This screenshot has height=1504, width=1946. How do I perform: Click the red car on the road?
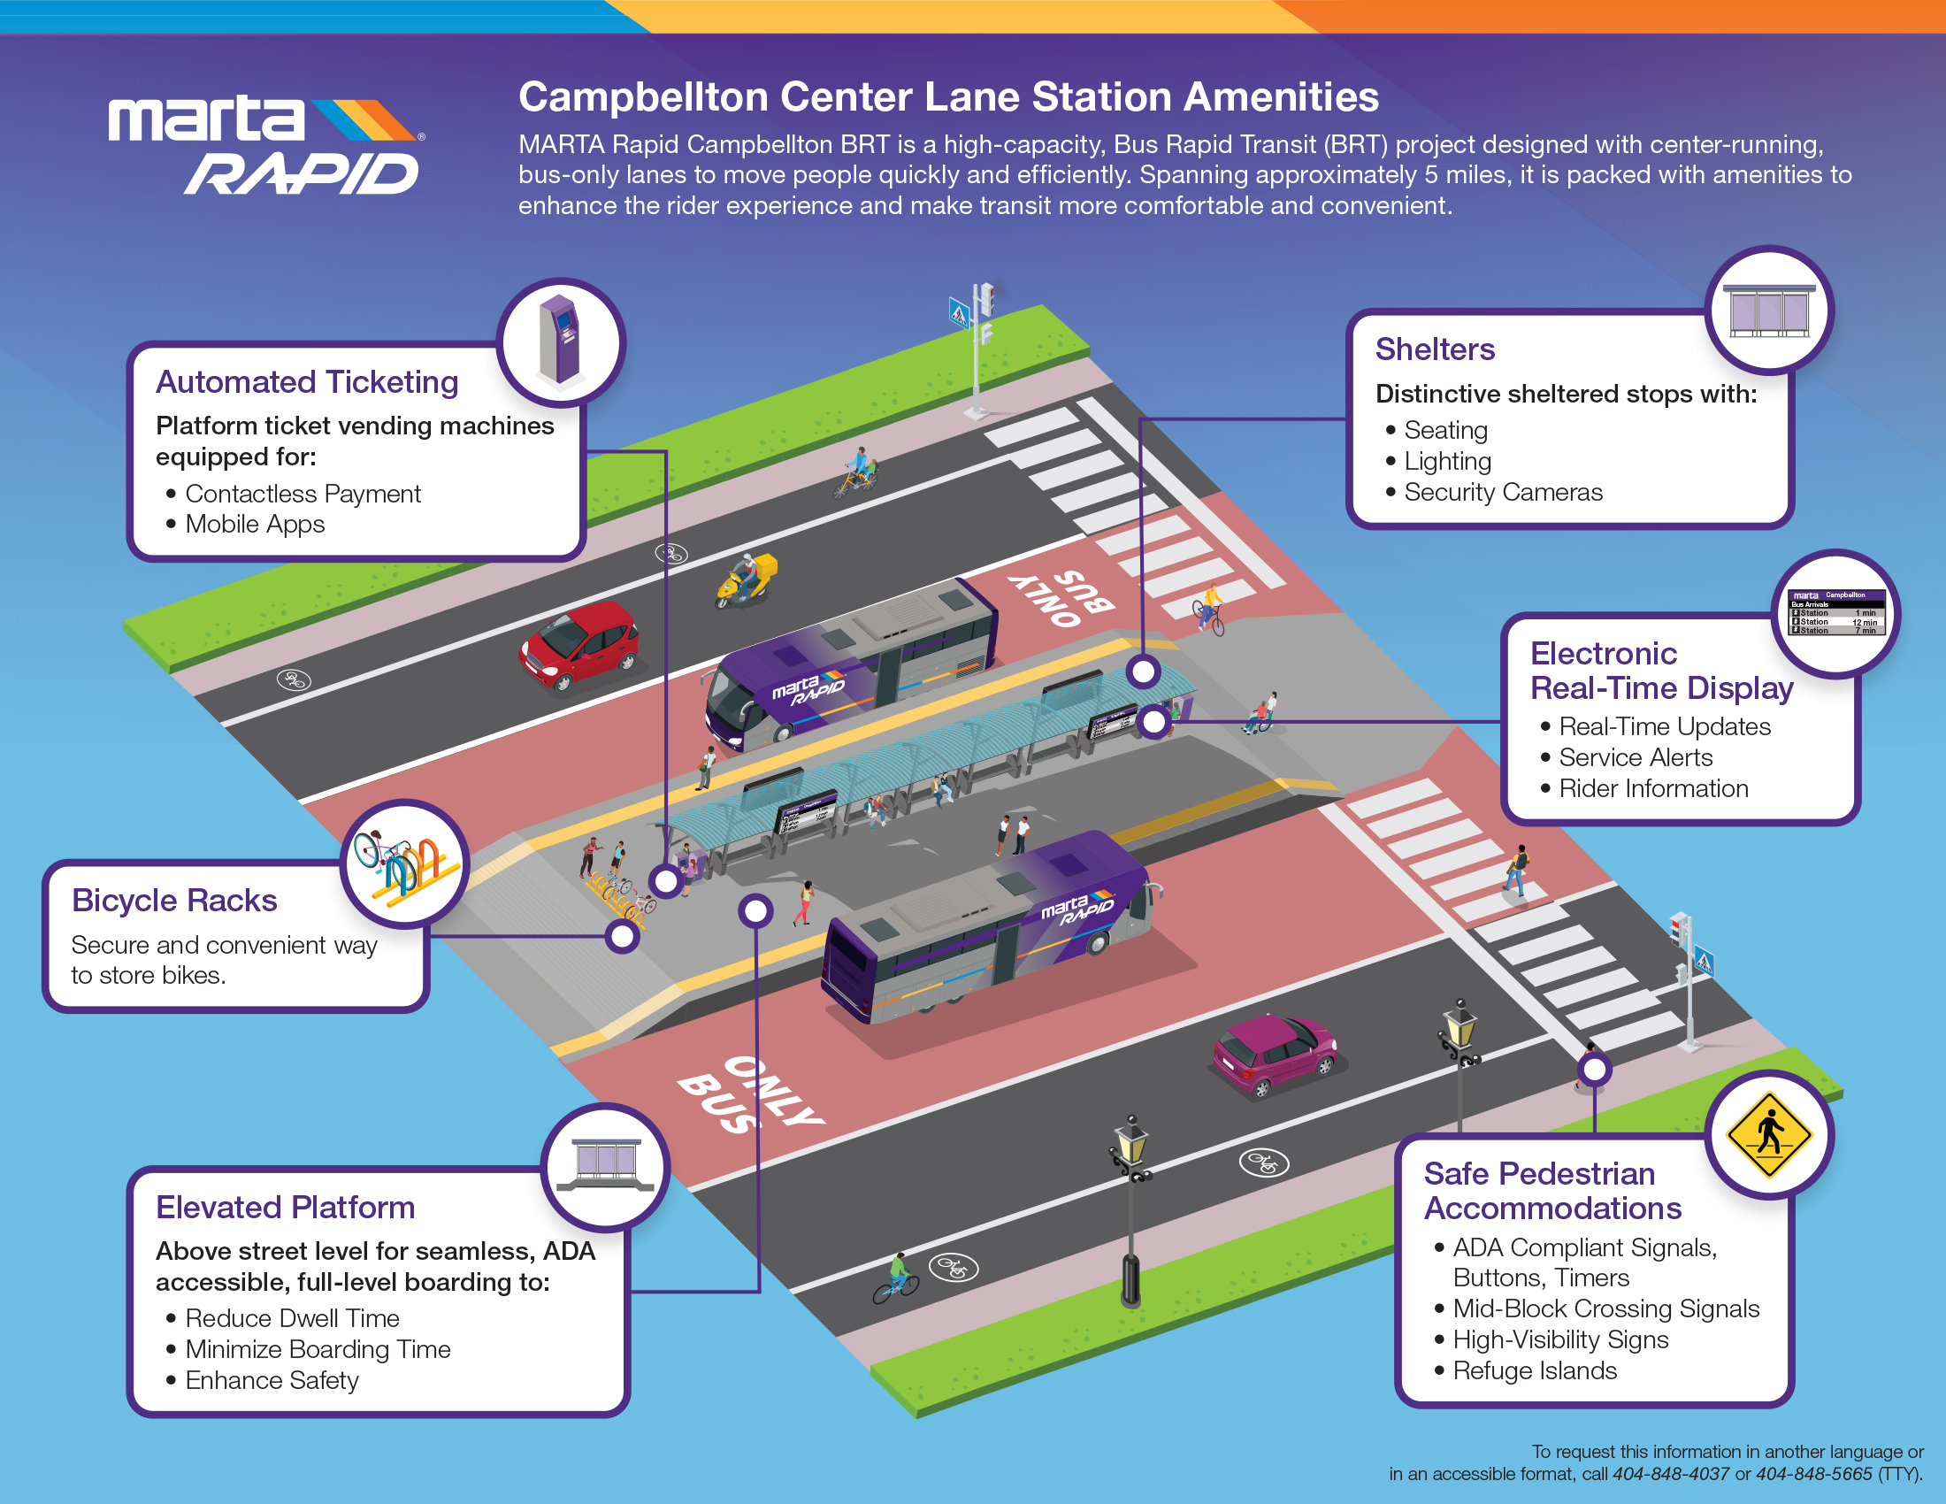pyautogui.click(x=580, y=644)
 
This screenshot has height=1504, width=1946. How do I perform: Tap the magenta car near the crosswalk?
pyautogui.click(x=1273, y=1054)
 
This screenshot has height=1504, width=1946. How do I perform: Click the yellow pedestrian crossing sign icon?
pyautogui.click(x=1769, y=1134)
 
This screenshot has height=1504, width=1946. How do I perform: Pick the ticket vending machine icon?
pyautogui.click(x=560, y=341)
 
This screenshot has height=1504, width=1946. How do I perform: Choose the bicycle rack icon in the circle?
pyautogui.click(x=405, y=863)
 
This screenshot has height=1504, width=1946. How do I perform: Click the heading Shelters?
pyautogui.click(x=1435, y=349)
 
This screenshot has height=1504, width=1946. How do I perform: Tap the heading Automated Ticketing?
pyautogui.click(x=307, y=382)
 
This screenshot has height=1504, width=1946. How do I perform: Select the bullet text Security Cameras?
pyautogui.click(x=1502, y=492)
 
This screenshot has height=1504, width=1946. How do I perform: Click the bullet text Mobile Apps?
pyautogui.click(x=254, y=524)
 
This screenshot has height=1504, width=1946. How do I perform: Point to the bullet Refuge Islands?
pyautogui.click(x=1534, y=1370)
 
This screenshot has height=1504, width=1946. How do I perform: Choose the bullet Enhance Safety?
pyautogui.click(x=271, y=1380)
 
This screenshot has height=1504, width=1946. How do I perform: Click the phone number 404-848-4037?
pyautogui.click(x=1670, y=1474)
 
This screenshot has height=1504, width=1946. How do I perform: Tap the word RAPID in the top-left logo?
pyautogui.click(x=302, y=173)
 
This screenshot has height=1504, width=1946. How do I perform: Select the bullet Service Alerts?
pyautogui.click(x=1635, y=757)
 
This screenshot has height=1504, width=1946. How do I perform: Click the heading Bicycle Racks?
pyautogui.click(x=173, y=901)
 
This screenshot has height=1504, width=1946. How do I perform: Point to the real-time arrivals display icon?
pyautogui.click(x=1836, y=613)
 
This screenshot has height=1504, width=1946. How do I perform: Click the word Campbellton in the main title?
pyautogui.click(x=642, y=97)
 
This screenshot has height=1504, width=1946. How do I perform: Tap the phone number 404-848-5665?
pyautogui.click(x=1813, y=1474)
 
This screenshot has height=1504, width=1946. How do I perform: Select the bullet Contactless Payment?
pyautogui.click(x=302, y=494)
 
